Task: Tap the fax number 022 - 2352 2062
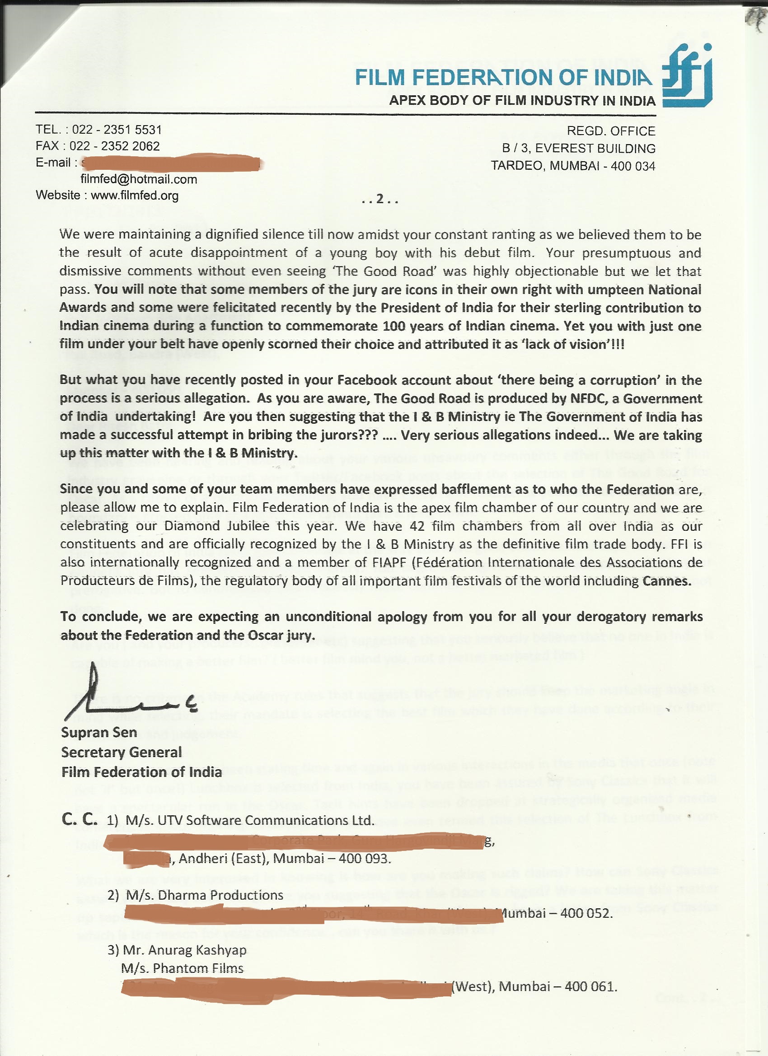pos(115,146)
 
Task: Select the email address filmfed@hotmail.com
pos(139,179)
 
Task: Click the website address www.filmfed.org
pos(135,196)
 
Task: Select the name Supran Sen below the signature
pos(99,733)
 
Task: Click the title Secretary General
pos(121,752)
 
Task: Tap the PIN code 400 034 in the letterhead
pos(632,166)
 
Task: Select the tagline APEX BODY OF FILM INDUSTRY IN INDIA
pos(522,101)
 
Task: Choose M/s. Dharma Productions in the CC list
pos(204,895)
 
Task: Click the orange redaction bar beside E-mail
pos(170,163)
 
